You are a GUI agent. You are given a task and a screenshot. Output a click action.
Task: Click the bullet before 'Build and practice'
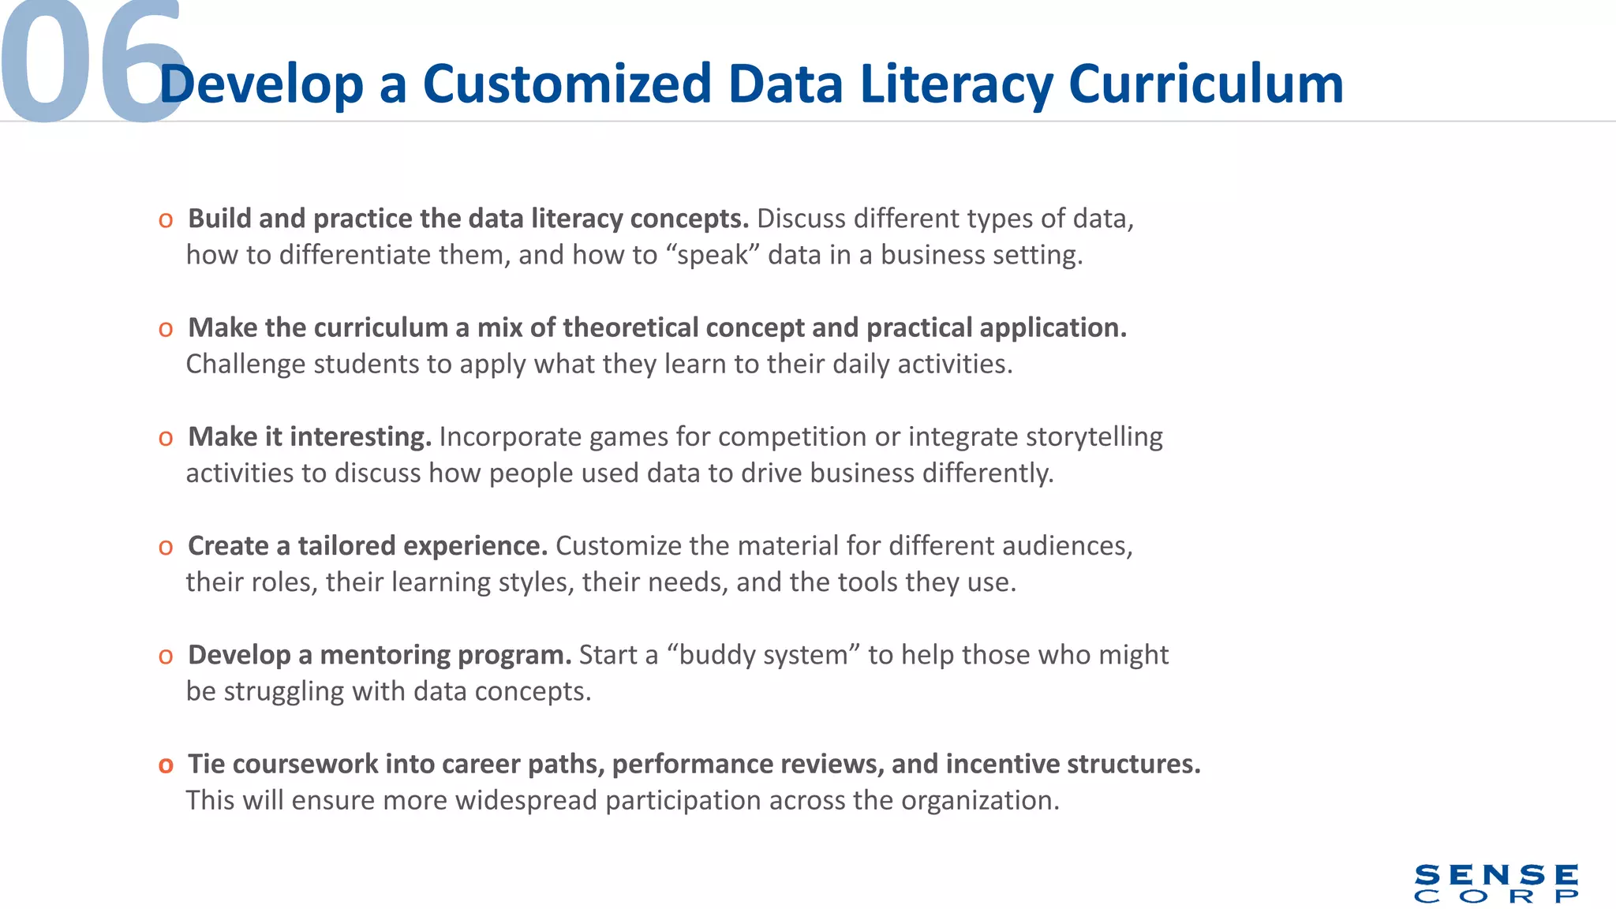[x=166, y=220]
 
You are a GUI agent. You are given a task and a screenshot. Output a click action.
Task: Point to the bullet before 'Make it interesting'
[x=166, y=438]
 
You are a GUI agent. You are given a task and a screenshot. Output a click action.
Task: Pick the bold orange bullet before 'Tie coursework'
[x=166, y=765]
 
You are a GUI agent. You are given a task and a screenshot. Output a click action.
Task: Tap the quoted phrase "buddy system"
[x=762, y=655]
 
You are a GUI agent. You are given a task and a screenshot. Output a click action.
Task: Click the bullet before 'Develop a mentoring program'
[x=166, y=656]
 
